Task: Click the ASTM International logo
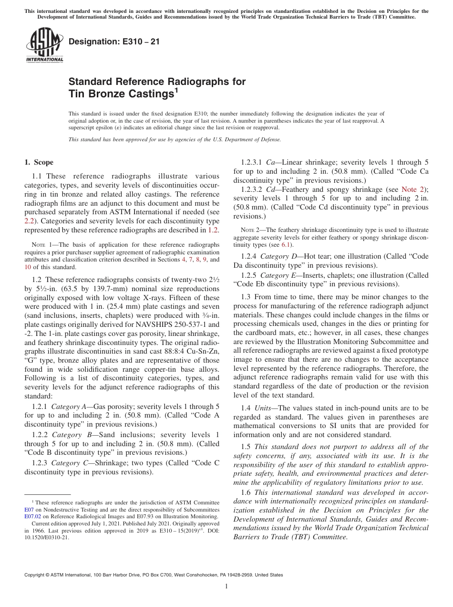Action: pos(44,45)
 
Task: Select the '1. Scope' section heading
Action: pos(39,162)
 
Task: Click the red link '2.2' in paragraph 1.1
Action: pos(29,221)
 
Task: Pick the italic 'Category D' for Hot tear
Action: pos(278,256)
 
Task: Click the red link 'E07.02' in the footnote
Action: pos(32,516)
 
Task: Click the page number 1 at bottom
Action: pos(226,586)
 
